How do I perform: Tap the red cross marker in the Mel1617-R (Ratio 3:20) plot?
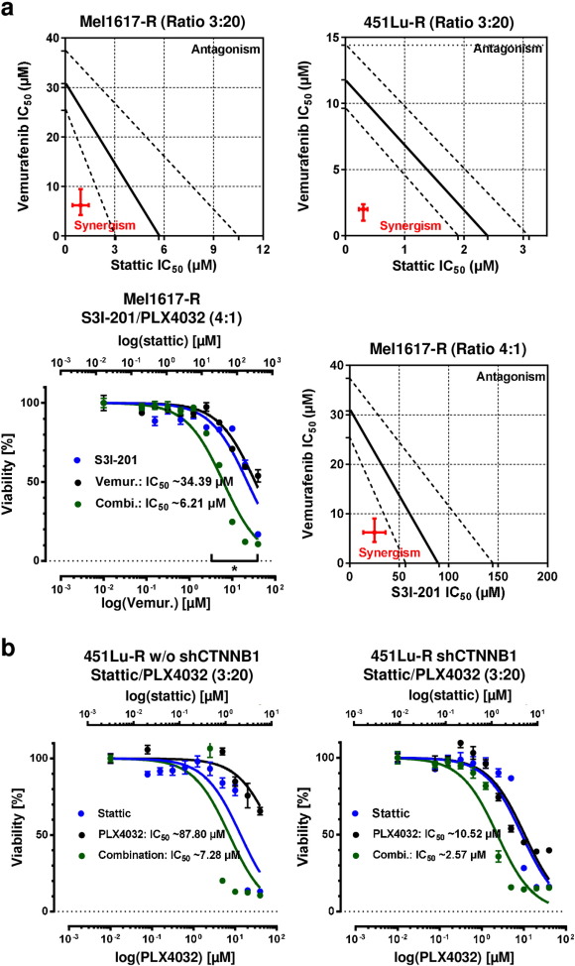[81, 205]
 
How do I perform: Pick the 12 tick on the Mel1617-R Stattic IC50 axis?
[263, 249]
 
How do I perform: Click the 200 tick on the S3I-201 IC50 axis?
[545, 576]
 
